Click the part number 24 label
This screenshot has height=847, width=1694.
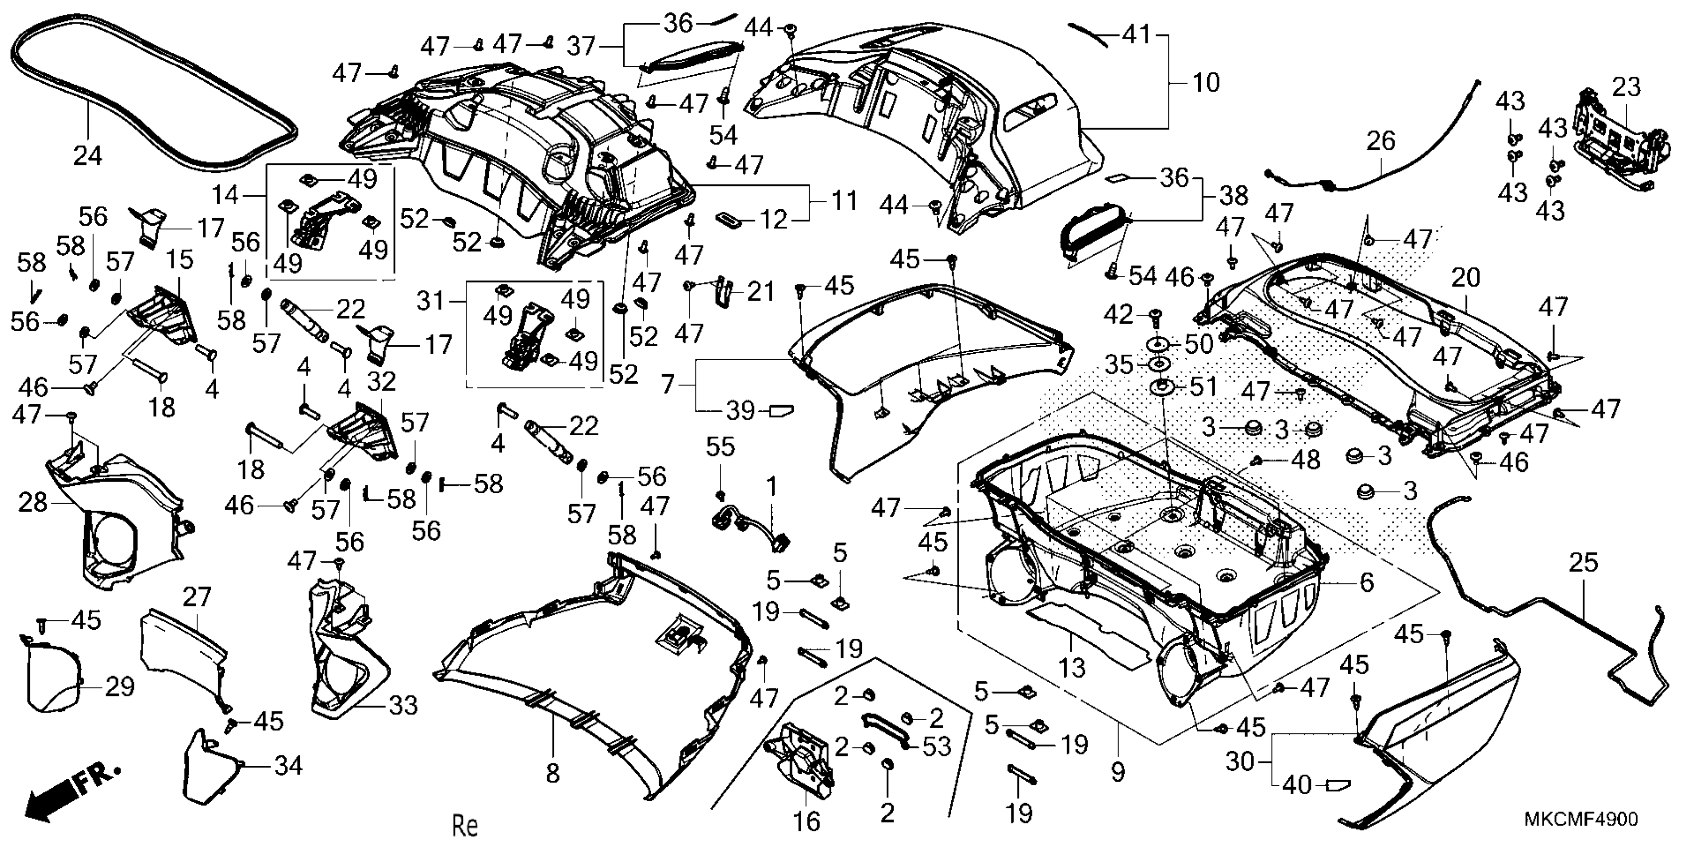[x=88, y=156]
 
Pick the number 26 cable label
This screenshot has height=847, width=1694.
[x=1380, y=141]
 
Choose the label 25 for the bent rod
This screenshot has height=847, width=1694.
[x=1583, y=563]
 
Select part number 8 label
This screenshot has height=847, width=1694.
[x=553, y=773]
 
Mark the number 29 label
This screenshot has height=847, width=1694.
[x=120, y=687]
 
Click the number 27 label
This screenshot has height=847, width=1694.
[x=197, y=596]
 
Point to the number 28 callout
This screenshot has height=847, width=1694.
[x=33, y=503]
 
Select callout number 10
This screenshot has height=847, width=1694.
[x=1205, y=83]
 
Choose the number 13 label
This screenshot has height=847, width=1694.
[x=1072, y=668]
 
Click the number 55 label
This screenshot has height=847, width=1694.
[x=720, y=447]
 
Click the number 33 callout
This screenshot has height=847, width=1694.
[x=403, y=706]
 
